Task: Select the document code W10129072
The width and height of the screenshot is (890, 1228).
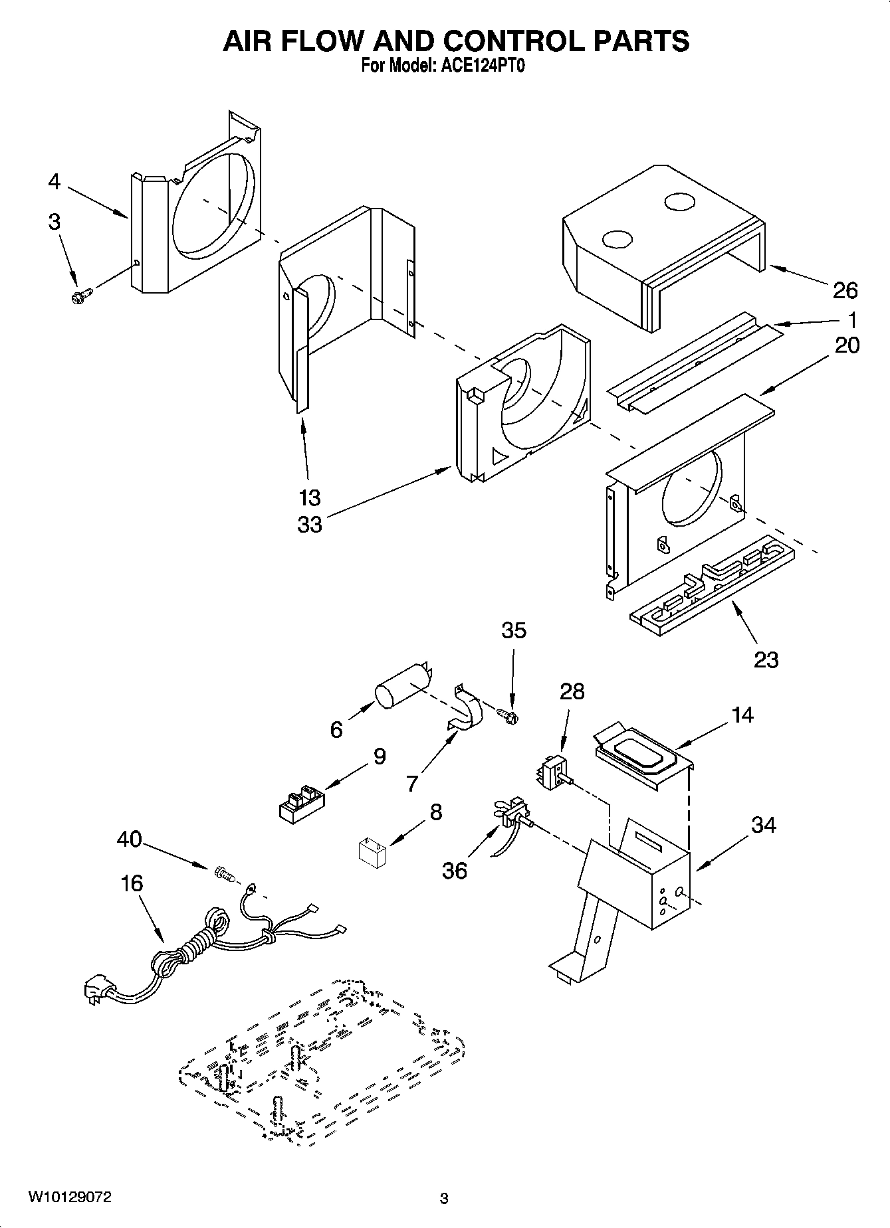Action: [69, 1197]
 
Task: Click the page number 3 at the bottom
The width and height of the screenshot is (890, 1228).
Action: [444, 1199]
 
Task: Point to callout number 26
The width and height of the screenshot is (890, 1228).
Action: [845, 290]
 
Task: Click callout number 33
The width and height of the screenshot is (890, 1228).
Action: [310, 524]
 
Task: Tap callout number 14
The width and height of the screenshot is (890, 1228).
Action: [742, 715]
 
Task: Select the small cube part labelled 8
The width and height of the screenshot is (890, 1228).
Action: [372, 852]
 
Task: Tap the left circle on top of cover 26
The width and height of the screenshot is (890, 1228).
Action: [616, 238]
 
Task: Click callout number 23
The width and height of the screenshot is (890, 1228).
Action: [766, 659]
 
